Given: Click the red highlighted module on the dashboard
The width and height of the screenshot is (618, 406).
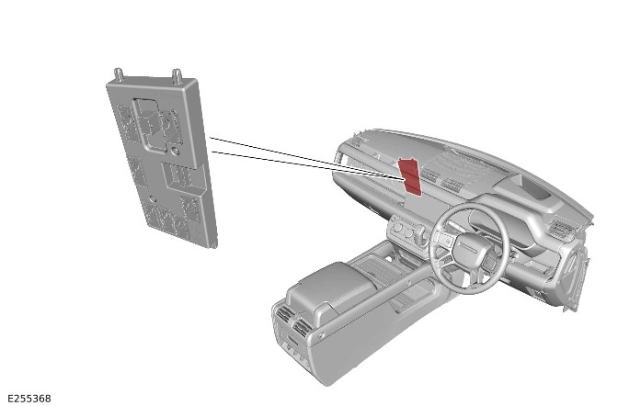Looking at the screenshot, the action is [x=410, y=176].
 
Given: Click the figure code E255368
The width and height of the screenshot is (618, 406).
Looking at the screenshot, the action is [x=29, y=399].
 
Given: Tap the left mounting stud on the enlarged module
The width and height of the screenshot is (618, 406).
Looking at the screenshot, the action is [x=119, y=74].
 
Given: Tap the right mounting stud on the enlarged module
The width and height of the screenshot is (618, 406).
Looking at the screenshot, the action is [x=177, y=76].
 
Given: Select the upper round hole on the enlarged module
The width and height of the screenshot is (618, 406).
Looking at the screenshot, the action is [x=176, y=151].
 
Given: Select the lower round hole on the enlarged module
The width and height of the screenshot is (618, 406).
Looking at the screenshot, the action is [x=153, y=199].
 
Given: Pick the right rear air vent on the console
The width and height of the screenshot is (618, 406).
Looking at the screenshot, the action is [x=301, y=328].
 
